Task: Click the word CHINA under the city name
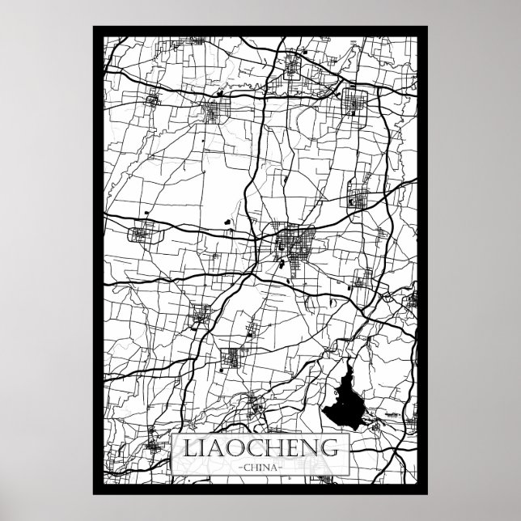(x=260, y=467)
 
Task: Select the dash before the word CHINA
(x=239, y=467)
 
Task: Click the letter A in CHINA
(x=274, y=467)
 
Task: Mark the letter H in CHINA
(x=253, y=467)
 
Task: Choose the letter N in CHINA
(x=266, y=467)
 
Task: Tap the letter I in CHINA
(x=260, y=467)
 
